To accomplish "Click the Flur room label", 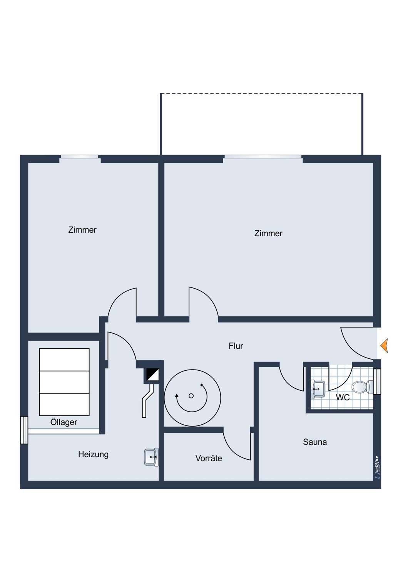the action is point(236,346).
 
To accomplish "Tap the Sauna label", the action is point(315,442).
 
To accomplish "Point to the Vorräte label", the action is point(209,458).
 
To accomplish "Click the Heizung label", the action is point(93,454).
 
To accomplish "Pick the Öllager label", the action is point(64,422).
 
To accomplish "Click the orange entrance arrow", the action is point(384,346).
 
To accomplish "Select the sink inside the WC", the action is point(318,388).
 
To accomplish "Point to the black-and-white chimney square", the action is point(153,375).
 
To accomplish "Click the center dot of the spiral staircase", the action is point(191,396).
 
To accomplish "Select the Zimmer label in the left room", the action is point(82,230).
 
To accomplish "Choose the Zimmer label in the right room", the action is point(268,233).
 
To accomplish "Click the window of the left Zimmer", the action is point(80,156).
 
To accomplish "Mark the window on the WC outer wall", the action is point(377,381).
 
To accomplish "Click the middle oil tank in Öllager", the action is point(64,382).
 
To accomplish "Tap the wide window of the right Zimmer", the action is point(263,156).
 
